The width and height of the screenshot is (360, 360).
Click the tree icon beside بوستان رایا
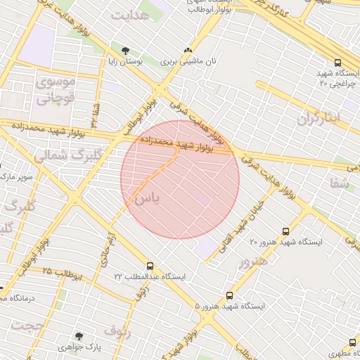tap(126, 50)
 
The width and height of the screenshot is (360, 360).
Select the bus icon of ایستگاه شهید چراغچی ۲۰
tap(338, 63)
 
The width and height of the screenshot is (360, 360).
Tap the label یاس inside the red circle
tap(147, 198)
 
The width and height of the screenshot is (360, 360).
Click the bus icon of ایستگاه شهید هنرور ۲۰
tap(285, 231)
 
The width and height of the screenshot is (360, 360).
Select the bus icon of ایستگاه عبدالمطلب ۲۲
tap(150, 266)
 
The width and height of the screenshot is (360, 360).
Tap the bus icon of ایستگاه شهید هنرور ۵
tap(229, 296)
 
